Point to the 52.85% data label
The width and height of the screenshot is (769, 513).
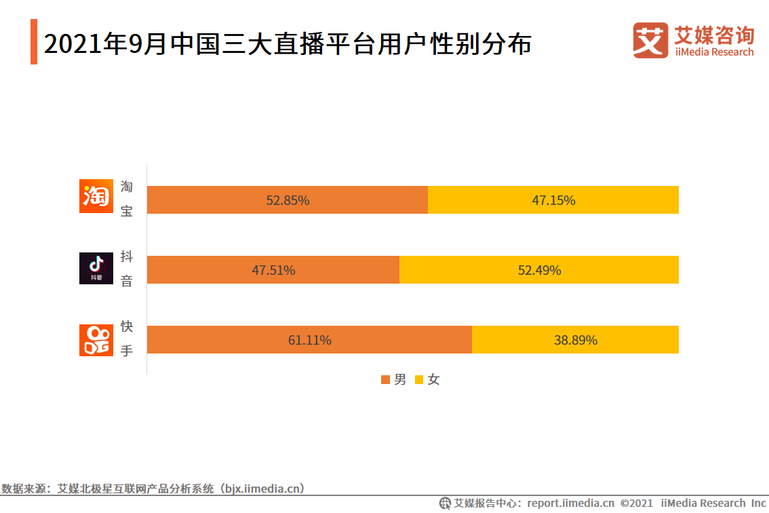[x=288, y=200]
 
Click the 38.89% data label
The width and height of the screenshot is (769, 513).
[x=576, y=340]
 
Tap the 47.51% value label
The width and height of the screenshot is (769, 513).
[x=273, y=270]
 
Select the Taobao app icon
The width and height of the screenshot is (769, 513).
[x=96, y=196]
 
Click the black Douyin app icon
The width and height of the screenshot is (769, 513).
[x=96, y=268]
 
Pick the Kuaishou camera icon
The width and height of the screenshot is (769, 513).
[x=96, y=340]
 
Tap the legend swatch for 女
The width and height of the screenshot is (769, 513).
[x=419, y=380]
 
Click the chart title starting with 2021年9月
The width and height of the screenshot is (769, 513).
[x=288, y=44]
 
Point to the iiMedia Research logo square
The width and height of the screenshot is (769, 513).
[x=650, y=40]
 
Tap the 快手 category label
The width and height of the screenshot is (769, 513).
[x=127, y=339]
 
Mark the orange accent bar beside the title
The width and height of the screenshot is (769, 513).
[x=34, y=42]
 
